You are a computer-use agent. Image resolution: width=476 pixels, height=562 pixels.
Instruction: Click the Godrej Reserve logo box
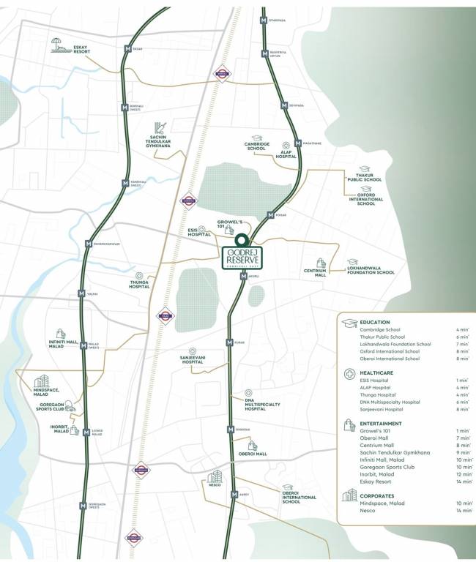point(241,258)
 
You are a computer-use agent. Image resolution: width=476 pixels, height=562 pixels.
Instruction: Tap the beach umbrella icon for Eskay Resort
point(57,45)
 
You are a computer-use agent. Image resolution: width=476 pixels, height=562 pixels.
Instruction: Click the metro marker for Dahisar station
point(128,49)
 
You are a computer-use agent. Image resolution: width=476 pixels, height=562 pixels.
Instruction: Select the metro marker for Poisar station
point(271,215)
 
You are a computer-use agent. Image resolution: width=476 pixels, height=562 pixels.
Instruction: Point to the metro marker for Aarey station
point(234,495)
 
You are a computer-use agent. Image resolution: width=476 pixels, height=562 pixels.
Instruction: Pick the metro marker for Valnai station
point(82,293)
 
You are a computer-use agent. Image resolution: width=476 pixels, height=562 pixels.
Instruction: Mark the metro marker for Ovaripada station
point(264,20)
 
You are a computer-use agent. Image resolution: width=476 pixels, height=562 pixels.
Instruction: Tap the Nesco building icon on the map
point(215,477)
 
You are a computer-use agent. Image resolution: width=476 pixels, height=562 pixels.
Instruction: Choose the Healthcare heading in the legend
point(378,372)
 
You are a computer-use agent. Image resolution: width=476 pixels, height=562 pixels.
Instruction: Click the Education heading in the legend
point(375,322)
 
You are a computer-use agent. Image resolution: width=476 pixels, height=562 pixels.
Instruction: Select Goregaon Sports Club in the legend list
point(387,466)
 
